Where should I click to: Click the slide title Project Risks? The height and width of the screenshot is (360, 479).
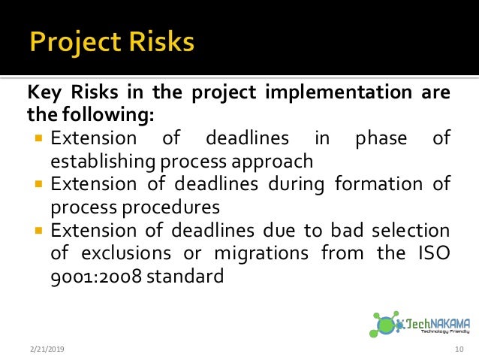pyautogui.click(x=112, y=42)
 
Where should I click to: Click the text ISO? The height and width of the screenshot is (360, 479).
pyautogui.click(x=432, y=253)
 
